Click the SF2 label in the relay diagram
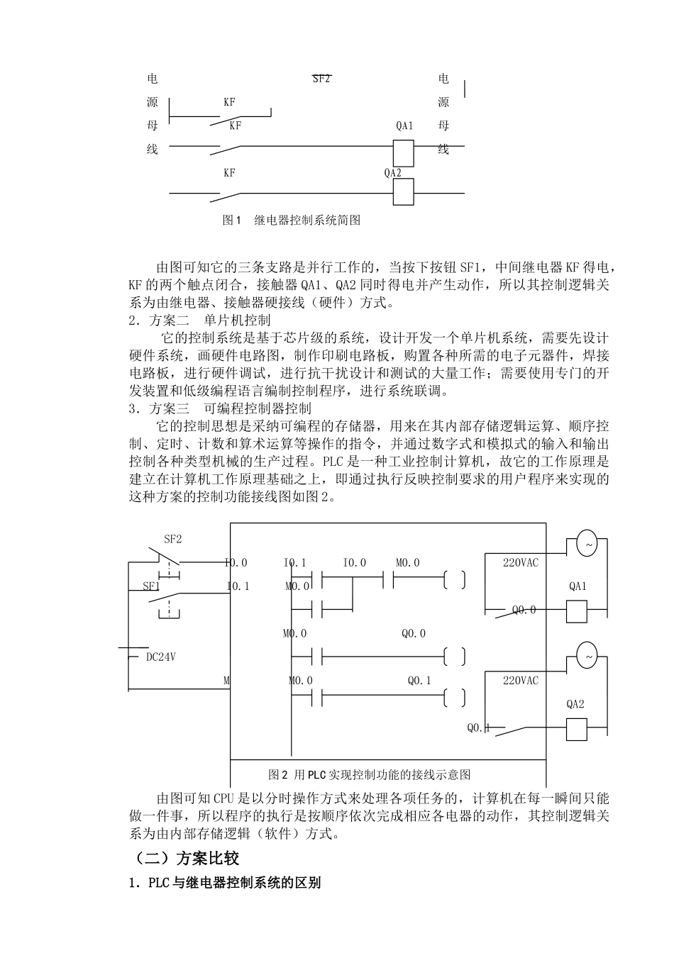pos(321,79)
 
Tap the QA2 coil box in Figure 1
pos(403,191)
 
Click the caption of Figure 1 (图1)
pos(292,221)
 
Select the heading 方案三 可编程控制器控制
pos(221,409)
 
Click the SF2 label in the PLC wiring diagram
pos(173,539)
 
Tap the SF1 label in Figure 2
pos(151,586)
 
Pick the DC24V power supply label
pos(160,657)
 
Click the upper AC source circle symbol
pos(587,544)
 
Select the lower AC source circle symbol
pos(587,656)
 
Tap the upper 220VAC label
pos(520,563)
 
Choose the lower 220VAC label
pos(520,681)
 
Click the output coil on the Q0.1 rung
pos(454,698)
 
